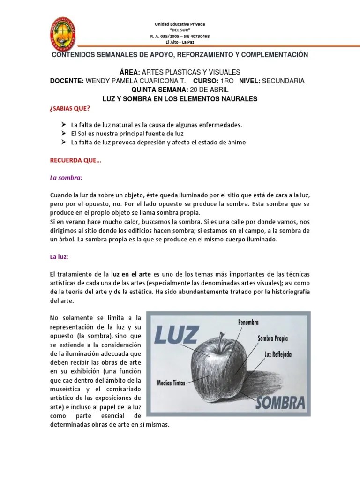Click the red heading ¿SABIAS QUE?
point(69,109)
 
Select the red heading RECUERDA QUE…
point(75,160)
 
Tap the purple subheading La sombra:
point(66,178)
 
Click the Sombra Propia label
point(273,338)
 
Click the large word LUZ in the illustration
point(179,335)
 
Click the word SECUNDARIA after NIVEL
point(283,81)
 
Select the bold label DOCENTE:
point(67,81)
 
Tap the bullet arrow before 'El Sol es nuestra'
point(63,134)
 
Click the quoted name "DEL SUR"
point(180,30)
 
